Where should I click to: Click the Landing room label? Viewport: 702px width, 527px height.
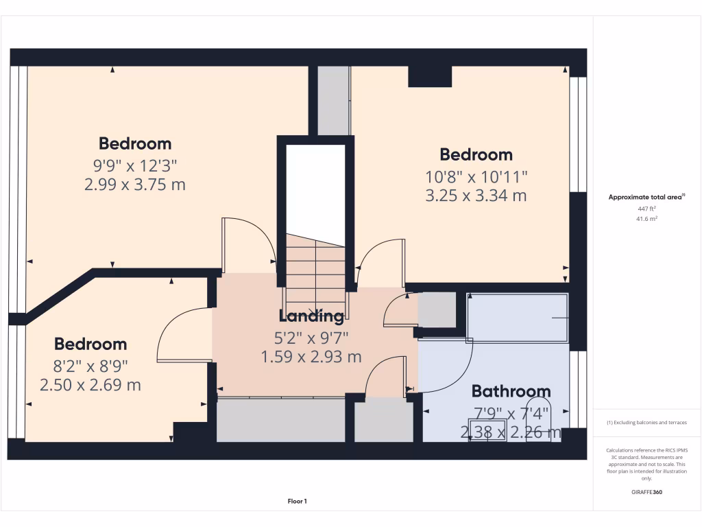pyautogui.click(x=311, y=316)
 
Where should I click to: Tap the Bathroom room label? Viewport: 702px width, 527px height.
pyautogui.click(x=511, y=392)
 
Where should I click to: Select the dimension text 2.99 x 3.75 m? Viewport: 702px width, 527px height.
pyautogui.click(x=135, y=185)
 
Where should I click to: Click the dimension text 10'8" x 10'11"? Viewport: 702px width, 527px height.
pyautogui.click(x=476, y=176)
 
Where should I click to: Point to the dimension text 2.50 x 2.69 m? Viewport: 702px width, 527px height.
pyautogui.click(x=90, y=385)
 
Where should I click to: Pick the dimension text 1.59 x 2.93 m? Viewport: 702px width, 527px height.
pyautogui.click(x=311, y=357)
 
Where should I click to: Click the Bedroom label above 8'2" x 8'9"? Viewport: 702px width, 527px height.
pyautogui.click(x=90, y=344)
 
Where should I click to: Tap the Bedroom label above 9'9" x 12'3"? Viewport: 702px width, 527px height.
pyautogui.click(x=135, y=143)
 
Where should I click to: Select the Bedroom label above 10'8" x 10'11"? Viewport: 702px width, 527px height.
pyautogui.click(x=476, y=154)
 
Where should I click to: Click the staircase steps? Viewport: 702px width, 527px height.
pyautogui.click(x=315, y=274)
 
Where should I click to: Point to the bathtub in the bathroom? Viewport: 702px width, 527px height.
pyautogui.click(x=518, y=317)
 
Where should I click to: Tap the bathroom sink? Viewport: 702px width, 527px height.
pyautogui.click(x=487, y=435)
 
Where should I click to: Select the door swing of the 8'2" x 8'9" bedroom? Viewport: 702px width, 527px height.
pyautogui.click(x=182, y=336)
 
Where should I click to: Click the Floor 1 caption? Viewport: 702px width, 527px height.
pyautogui.click(x=297, y=502)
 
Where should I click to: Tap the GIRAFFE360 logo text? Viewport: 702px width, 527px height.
pyautogui.click(x=647, y=492)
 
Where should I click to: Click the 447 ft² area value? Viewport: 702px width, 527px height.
pyautogui.click(x=647, y=209)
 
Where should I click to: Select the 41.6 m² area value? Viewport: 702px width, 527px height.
pyautogui.click(x=647, y=219)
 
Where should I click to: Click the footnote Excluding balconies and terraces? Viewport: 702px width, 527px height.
pyautogui.click(x=646, y=423)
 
